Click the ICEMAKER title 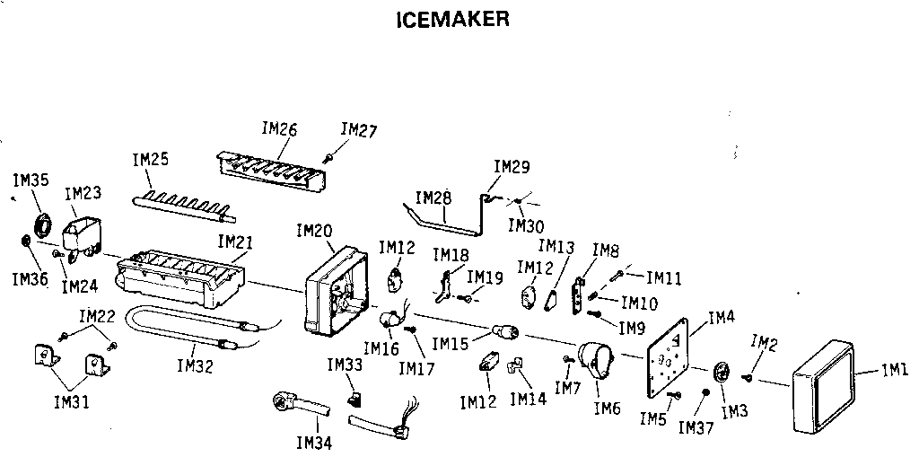pos(452,19)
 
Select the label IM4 pos(722,317)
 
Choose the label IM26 pos(279,128)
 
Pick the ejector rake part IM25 pos(184,206)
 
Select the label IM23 pos(83,193)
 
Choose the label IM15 pos(450,343)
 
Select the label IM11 pos(664,278)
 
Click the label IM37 pos(696,427)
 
